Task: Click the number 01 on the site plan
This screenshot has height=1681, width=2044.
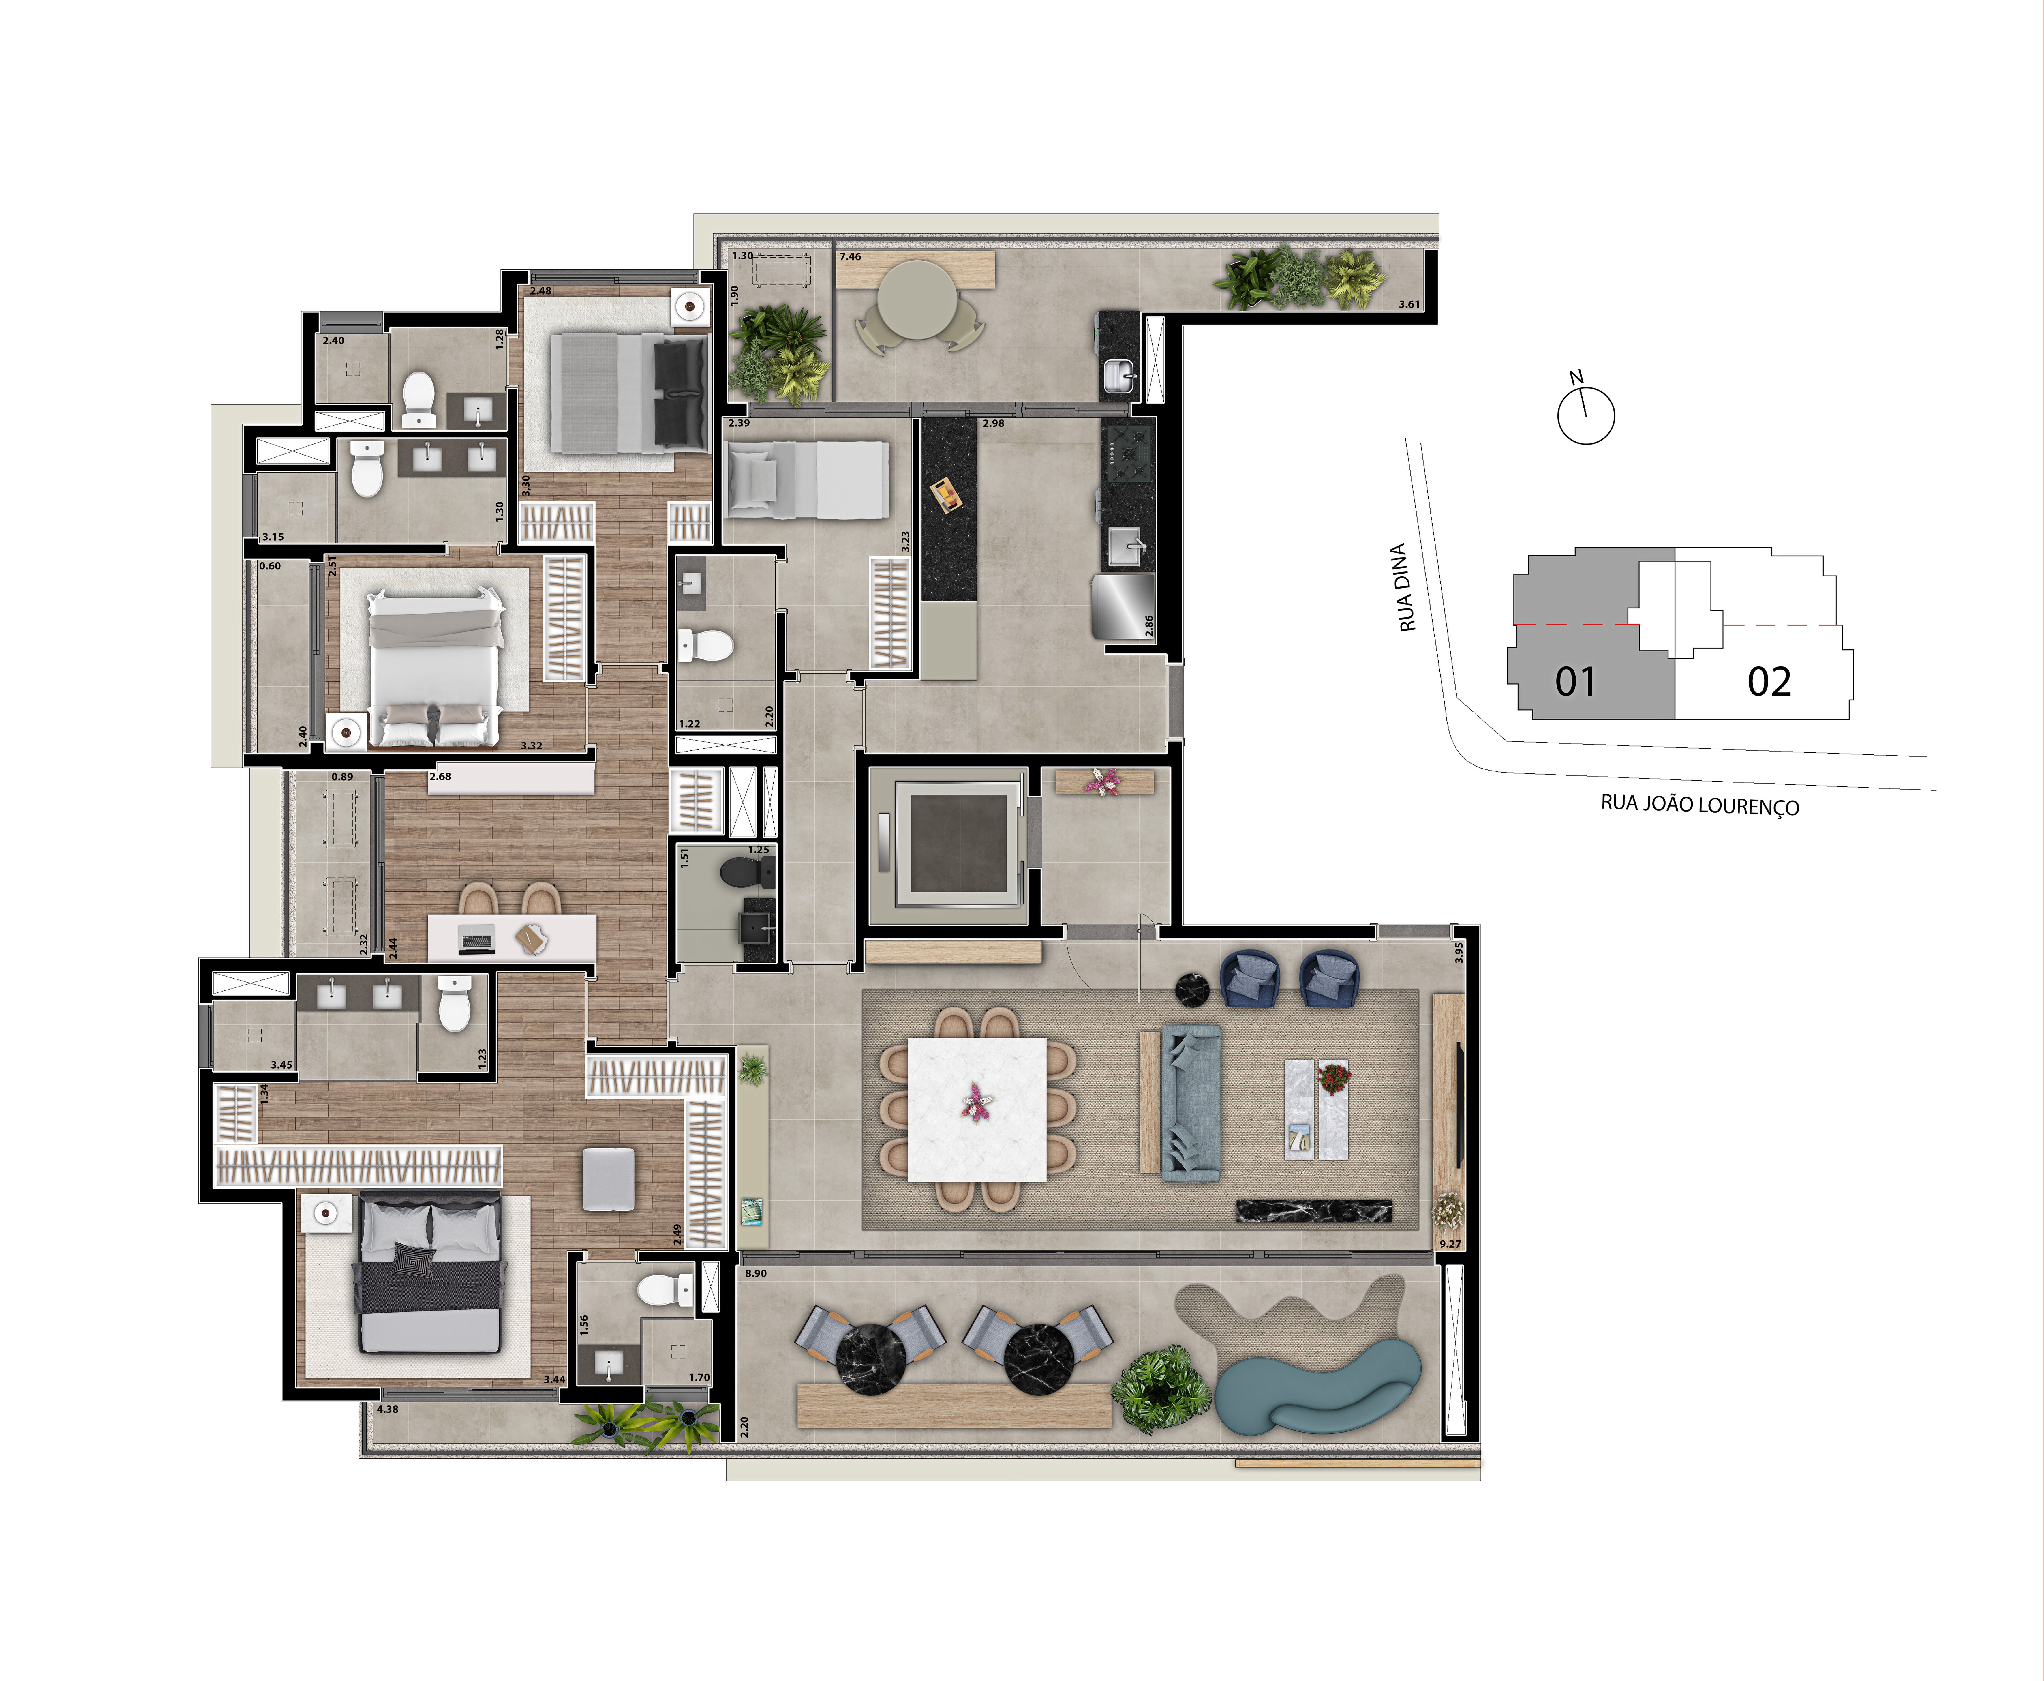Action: click(1575, 682)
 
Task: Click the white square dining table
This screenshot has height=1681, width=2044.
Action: click(977, 1109)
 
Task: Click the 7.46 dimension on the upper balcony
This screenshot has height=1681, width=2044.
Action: click(850, 256)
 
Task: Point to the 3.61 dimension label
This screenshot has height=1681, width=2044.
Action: click(1409, 304)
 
